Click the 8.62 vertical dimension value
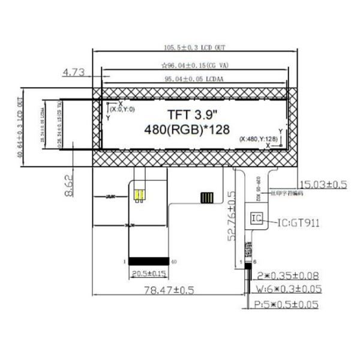point(70,186)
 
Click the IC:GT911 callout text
point(298,223)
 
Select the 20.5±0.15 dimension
point(148,273)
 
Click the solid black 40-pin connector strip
point(148,261)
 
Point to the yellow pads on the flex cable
point(139,196)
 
